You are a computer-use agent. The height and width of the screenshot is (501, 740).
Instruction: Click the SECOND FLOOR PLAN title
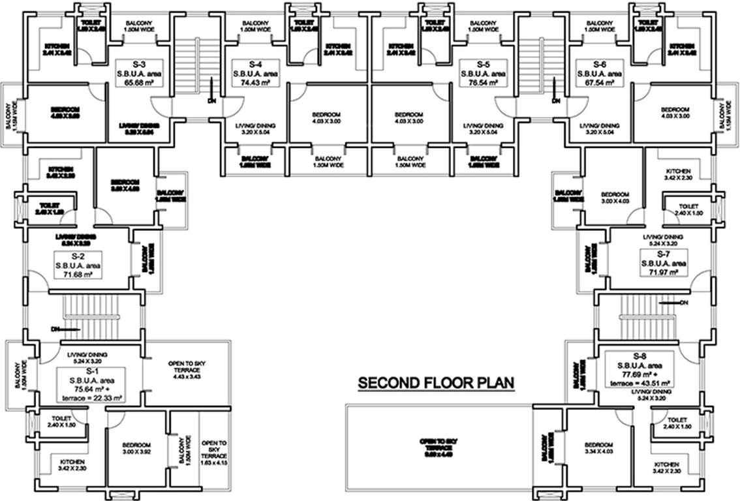tap(437, 382)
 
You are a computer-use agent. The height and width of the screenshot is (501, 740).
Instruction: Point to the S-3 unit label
tap(138, 64)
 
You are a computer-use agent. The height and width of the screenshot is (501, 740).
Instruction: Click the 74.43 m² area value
tap(255, 83)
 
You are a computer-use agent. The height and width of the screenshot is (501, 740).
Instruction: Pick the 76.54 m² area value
tap(483, 83)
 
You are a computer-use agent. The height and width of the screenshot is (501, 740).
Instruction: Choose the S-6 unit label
tap(600, 64)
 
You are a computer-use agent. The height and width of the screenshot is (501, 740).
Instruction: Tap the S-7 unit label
tap(664, 253)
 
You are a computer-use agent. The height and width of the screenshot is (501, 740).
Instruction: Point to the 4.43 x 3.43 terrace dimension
tap(187, 376)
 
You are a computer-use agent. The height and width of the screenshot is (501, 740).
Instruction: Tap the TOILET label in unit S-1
tap(61, 419)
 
